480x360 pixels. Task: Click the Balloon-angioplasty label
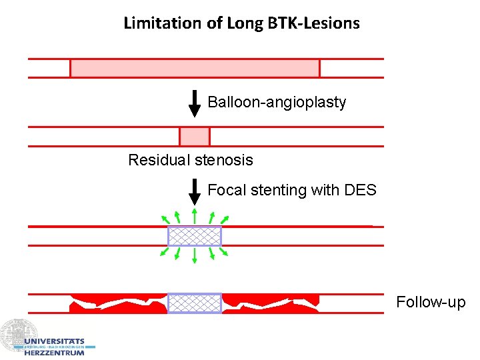pos(277,103)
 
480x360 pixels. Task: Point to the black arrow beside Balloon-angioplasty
pos(195,103)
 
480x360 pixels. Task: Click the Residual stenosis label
pos(191,160)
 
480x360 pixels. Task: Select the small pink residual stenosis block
pos(195,136)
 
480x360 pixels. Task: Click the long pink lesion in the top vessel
pos(195,68)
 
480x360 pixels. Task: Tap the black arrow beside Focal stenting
pos(195,191)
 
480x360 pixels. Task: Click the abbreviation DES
pos(360,191)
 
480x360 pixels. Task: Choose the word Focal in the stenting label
pos(227,191)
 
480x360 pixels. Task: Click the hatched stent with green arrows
pos(194,236)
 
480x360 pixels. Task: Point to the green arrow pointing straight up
pos(194,215)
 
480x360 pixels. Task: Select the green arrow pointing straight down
pos(194,257)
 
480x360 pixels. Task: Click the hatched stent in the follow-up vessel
pos(194,303)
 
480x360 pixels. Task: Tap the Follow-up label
pos(431,303)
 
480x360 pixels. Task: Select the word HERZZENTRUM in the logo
pos(55,353)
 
